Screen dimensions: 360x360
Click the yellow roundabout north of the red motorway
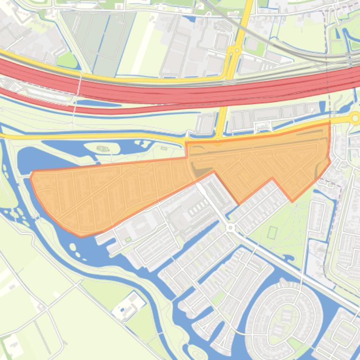pos(237,50)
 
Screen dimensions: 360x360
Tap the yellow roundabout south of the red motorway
pos(355,117)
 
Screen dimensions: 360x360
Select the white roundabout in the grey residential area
pos(230,228)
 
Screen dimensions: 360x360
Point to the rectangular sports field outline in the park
pos(274,232)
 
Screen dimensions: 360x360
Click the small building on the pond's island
pos(102,149)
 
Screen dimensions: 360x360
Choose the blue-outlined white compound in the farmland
pos(127,306)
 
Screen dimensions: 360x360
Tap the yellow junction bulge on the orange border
pos(218,141)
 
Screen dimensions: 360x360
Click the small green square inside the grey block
pos(128,240)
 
